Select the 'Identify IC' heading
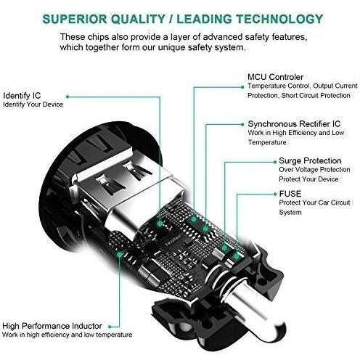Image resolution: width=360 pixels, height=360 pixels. [x=22, y=96]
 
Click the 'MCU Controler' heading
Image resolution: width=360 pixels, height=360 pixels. [x=275, y=77]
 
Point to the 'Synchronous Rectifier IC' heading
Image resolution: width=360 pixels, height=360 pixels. [x=294, y=124]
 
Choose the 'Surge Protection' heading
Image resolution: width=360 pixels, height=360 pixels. [x=310, y=160]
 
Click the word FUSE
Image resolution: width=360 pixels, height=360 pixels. [x=290, y=194]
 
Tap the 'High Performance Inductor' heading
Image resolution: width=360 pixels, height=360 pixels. [x=52, y=326]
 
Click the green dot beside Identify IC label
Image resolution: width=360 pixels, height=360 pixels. [x=67, y=97]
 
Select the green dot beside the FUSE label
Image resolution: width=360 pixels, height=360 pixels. [x=275, y=194]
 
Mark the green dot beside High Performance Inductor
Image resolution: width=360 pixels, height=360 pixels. [x=110, y=327]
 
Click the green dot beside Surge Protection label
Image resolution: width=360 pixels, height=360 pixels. [x=275, y=162]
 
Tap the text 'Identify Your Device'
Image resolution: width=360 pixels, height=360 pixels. [x=33, y=105]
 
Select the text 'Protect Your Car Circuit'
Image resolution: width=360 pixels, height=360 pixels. [x=314, y=202]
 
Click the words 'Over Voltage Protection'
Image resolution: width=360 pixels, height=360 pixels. [x=314, y=170]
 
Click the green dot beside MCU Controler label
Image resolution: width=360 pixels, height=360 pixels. [x=242, y=87]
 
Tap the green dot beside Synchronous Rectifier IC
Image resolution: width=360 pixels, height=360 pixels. [x=242, y=125]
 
